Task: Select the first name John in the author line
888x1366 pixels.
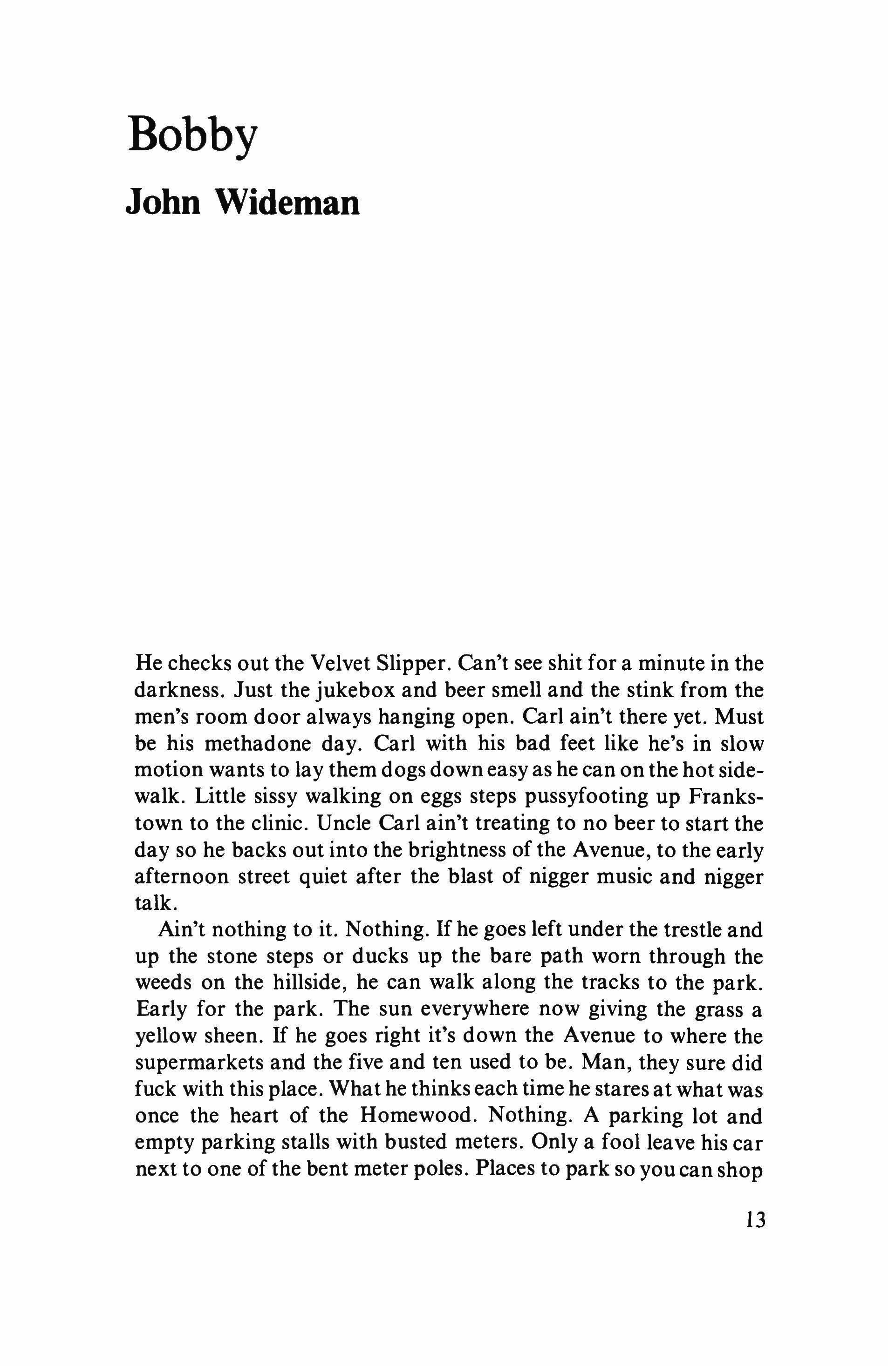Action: [163, 202]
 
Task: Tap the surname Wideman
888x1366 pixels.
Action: [287, 202]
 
